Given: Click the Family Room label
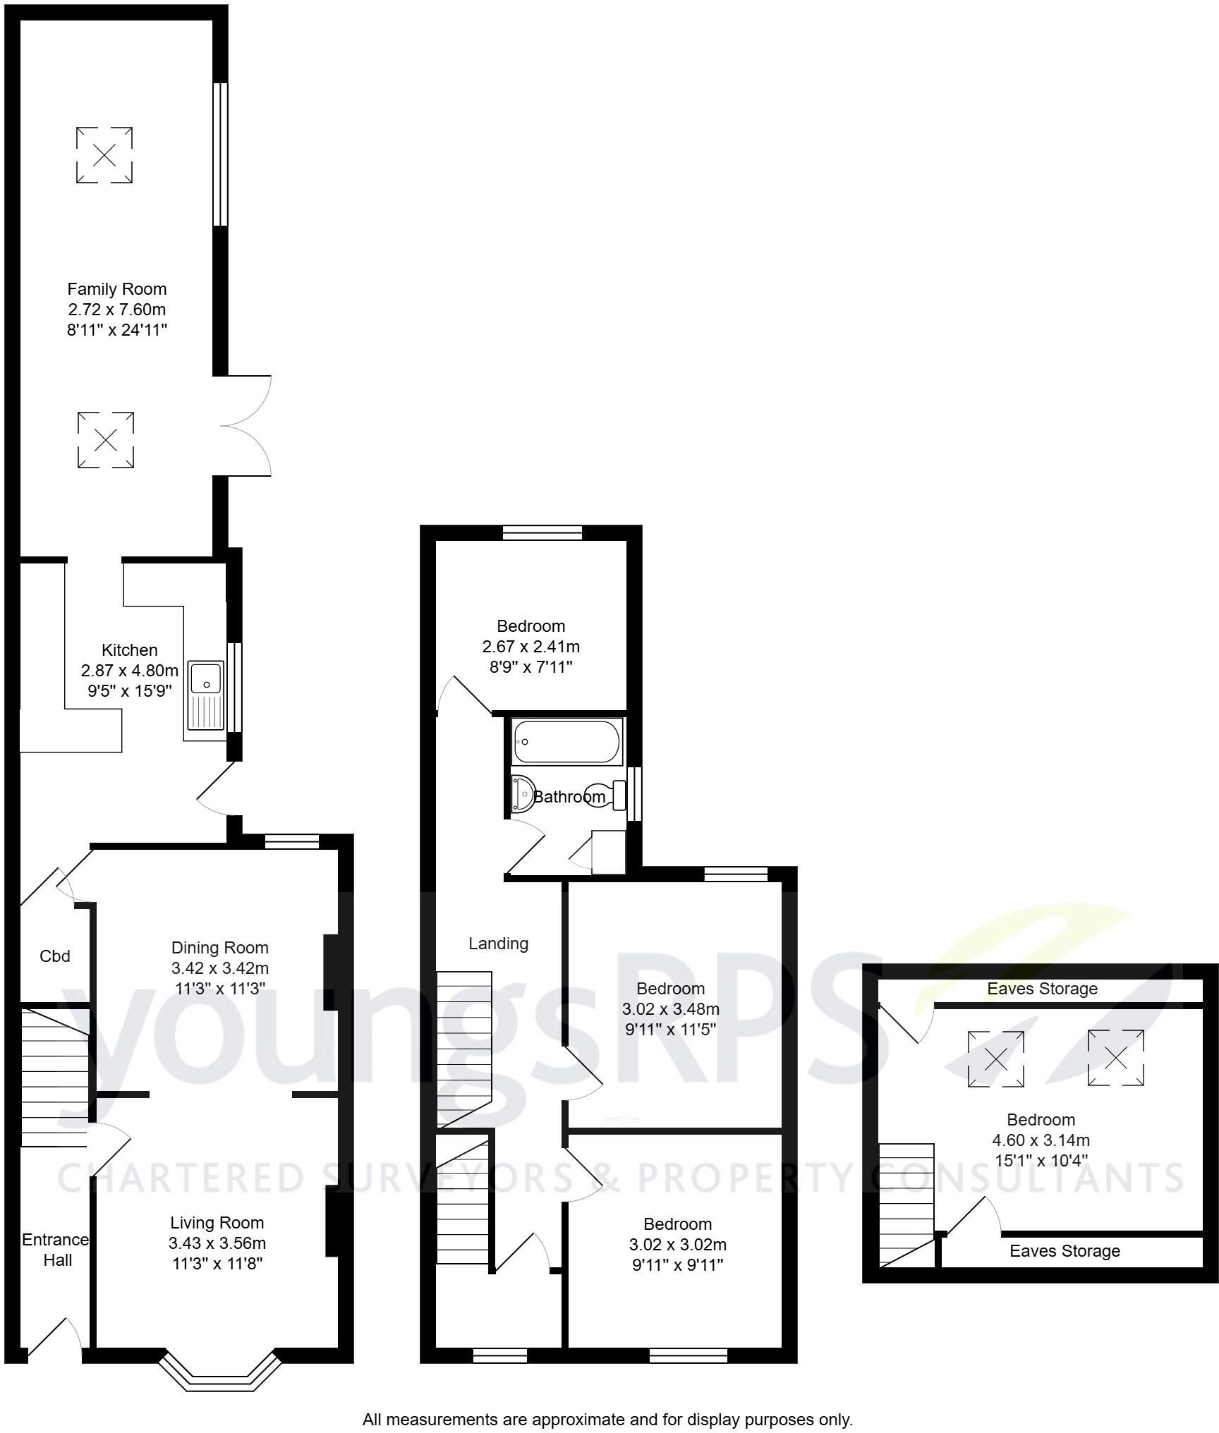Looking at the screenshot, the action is click(x=117, y=289).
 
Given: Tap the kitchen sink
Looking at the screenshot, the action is click(x=205, y=695).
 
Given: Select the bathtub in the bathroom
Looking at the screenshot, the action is click(x=567, y=742).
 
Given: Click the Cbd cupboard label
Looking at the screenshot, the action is click(x=55, y=956).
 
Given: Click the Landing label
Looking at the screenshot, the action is click(x=499, y=944).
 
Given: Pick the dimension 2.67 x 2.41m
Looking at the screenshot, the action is click(x=531, y=646).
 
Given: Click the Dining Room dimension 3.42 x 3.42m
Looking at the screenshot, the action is click(x=220, y=968).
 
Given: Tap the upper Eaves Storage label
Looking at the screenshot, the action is click(x=1042, y=989).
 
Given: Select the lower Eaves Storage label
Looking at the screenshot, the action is click(x=1065, y=1251).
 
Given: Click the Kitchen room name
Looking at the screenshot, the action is click(x=130, y=650).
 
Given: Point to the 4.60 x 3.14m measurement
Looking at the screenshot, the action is click(x=1041, y=1140).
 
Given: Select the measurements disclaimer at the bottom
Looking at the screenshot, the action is click(x=607, y=1419).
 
